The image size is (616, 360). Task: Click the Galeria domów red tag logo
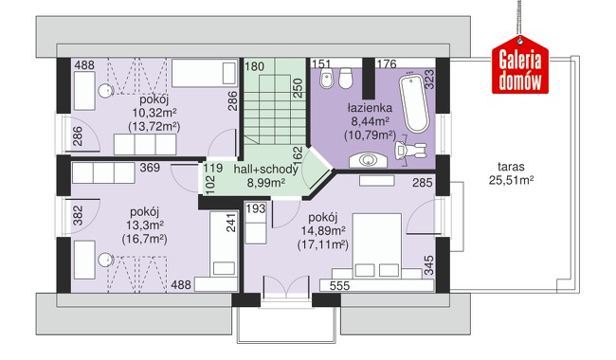coord(520,65)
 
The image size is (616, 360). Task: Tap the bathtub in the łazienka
coord(414,103)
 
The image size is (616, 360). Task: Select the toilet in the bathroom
coord(345,78)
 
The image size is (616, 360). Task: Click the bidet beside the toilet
coord(326,79)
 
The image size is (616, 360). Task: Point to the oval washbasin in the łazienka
coord(368,160)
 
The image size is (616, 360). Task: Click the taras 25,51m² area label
coord(511,173)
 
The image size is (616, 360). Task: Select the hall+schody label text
coord(266,170)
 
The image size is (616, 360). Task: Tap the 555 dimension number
coord(339,285)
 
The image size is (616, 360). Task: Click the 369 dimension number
coord(150,168)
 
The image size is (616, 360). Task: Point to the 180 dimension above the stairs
coord(255,66)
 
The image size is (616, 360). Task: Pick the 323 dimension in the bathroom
coord(429,80)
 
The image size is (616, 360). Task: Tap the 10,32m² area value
coord(154,113)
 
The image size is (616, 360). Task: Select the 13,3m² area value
coord(145,225)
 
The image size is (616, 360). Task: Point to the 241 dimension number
coord(231,223)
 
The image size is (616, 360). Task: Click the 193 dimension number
coord(256,208)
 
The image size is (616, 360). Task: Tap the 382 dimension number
coord(78,216)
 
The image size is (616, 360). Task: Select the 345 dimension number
coord(429,265)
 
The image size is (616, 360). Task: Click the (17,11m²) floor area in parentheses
coord(323,244)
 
